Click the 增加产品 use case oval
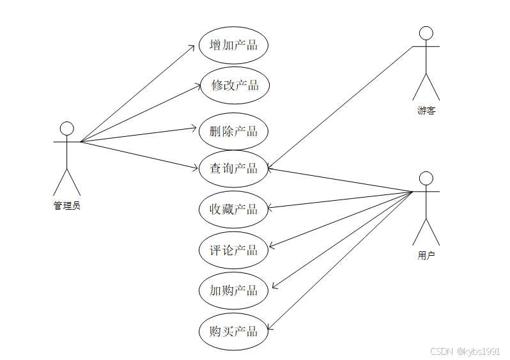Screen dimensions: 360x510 [233, 45]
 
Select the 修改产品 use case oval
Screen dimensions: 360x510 [233, 85]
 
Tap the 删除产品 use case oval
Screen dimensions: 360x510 [233, 132]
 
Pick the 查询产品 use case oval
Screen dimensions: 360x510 [233, 168]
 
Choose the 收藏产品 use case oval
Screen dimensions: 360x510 [233, 208]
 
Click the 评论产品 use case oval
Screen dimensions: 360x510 [233, 249]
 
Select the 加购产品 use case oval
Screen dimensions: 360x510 [233, 290]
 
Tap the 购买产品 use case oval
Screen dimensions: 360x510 [233, 331]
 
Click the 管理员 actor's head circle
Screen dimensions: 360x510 [66, 129]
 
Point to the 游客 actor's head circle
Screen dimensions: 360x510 [426, 33]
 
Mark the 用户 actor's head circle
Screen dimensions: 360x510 [426, 178]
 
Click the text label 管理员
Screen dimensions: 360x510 [66, 206]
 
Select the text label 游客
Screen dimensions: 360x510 [426, 111]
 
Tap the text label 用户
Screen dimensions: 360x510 [426, 256]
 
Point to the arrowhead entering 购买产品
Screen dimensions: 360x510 [270, 329]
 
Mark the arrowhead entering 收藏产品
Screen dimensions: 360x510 [270, 208]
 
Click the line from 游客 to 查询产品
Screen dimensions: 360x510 [339, 108]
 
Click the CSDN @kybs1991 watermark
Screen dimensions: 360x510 [465, 352]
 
